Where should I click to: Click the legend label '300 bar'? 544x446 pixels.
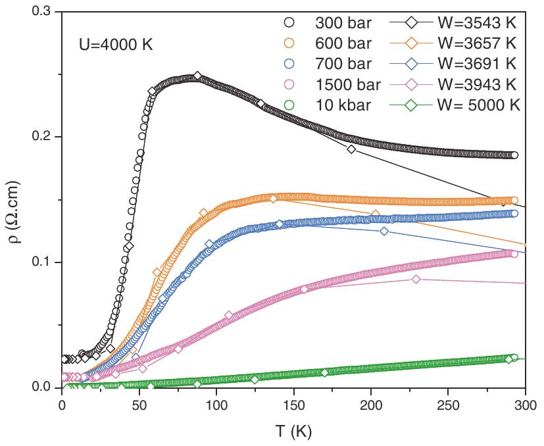coord(344,24)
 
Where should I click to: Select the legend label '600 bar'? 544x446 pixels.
coord(344,44)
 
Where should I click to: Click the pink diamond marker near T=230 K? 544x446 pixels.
coord(416,280)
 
